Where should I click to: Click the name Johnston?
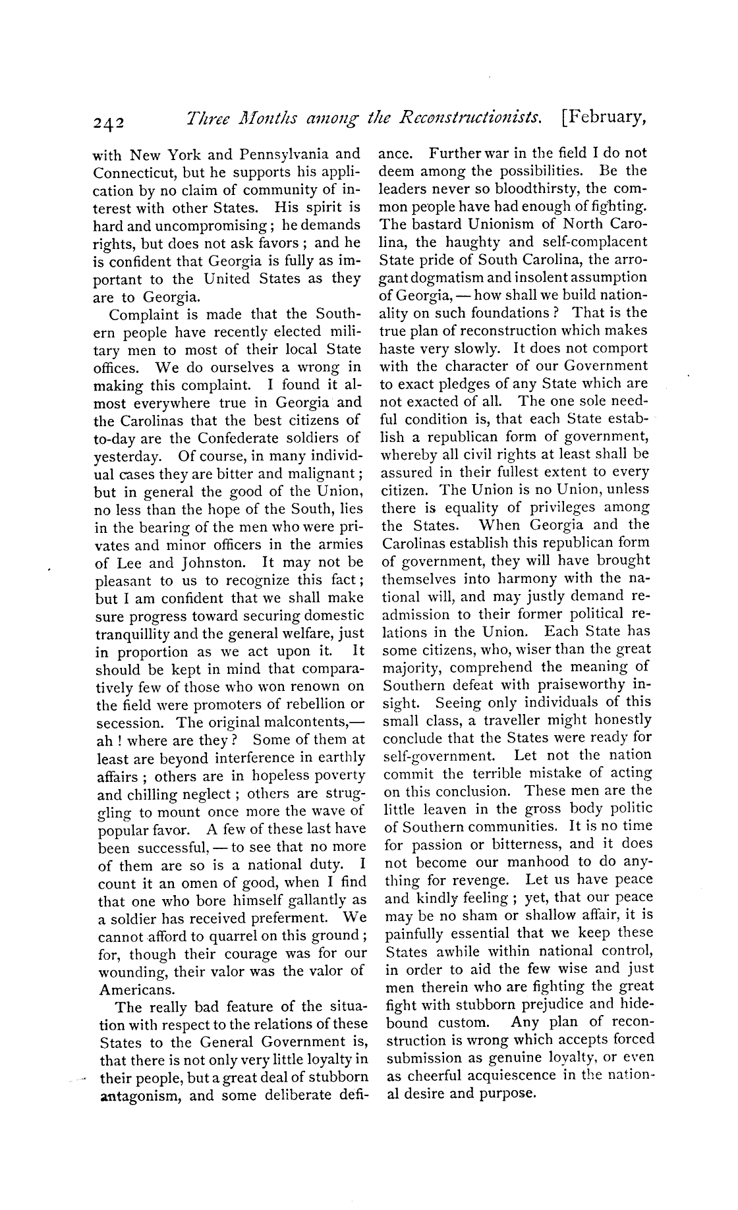pyautogui.click(x=213, y=563)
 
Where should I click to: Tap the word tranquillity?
pyautogui.click(x=135, y=634)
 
